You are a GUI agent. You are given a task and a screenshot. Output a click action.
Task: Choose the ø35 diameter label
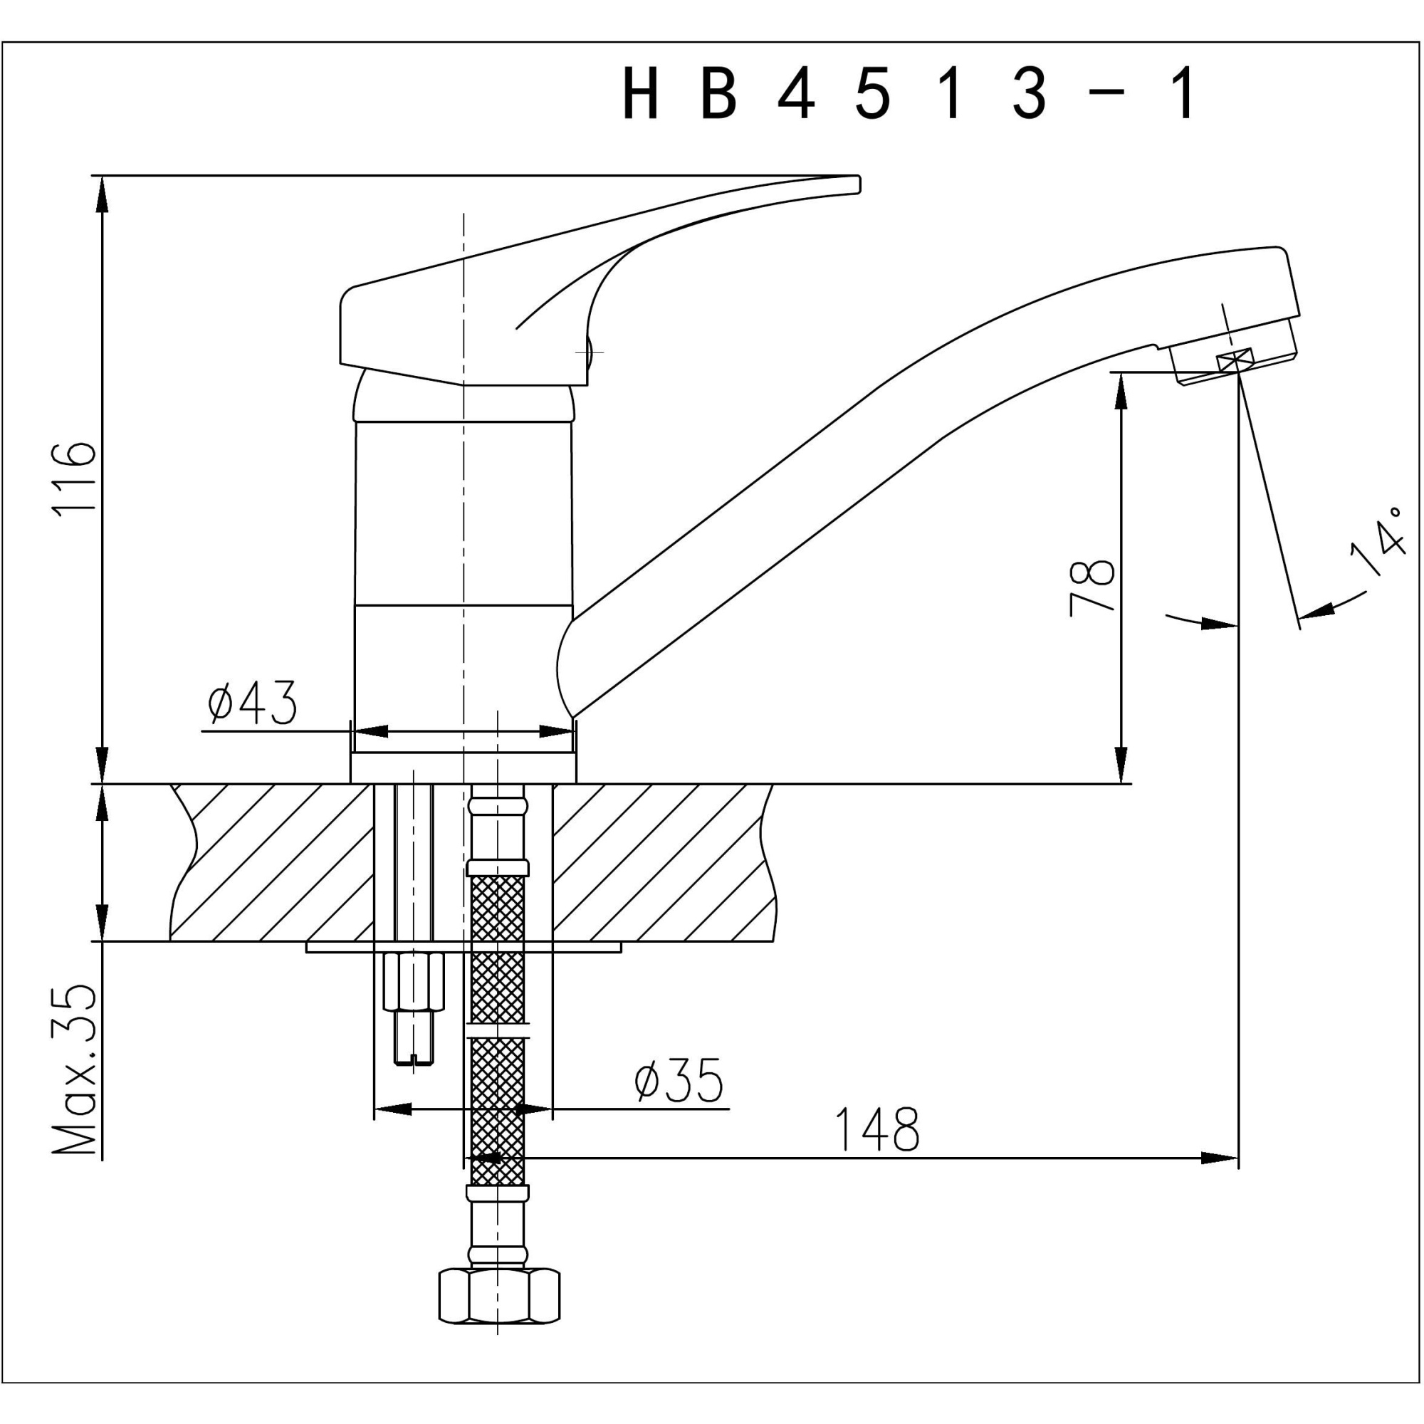pyautogui.click(x=678, y=1082)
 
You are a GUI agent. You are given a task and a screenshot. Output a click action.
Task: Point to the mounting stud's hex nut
pyautogui.click(x=414, y=983)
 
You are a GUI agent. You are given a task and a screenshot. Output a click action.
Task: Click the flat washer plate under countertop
pyautogui.click(x=464, y=947)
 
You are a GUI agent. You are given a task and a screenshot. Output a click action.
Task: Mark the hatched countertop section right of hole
pyautogui.click(x=664, y=862)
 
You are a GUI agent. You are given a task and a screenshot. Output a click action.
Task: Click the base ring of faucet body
pyautogui.click(x=463, y=768)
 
